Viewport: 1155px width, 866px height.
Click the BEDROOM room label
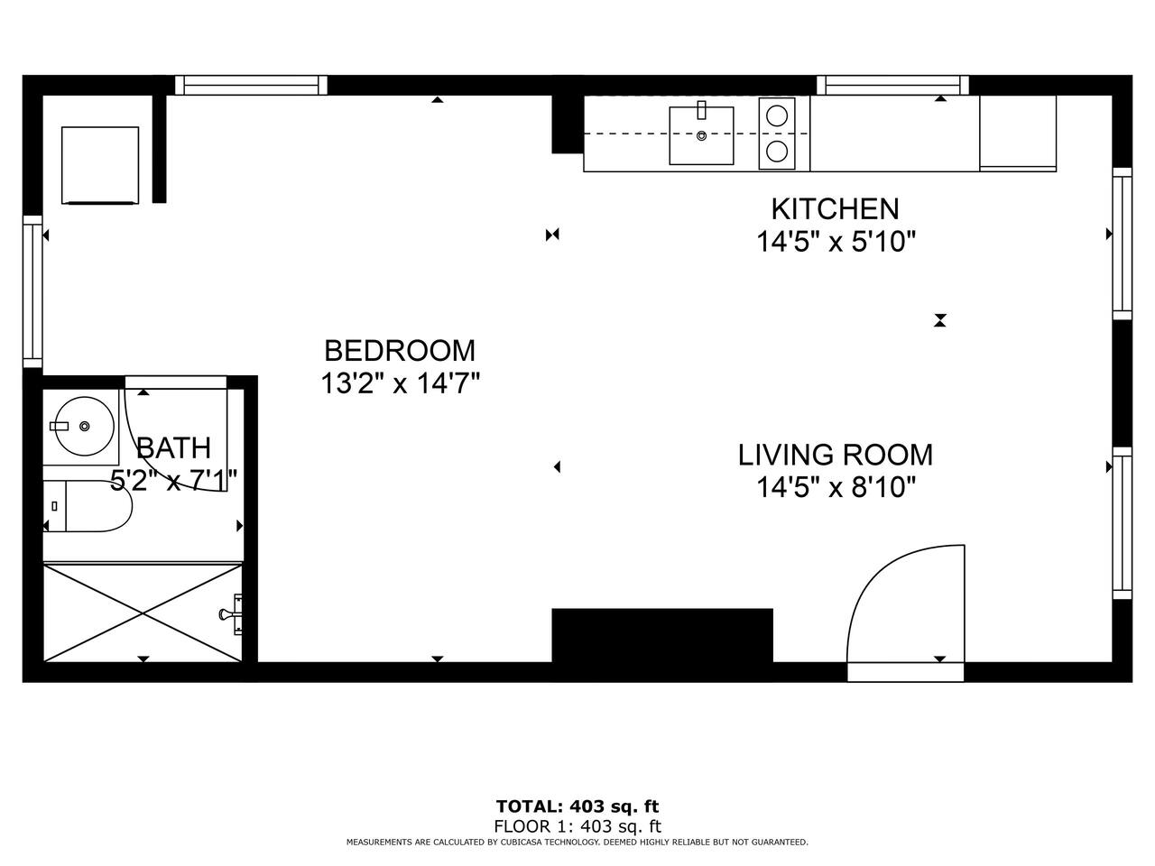pyautogui.click(x=400, y=351)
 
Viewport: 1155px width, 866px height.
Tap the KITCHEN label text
pyautogui.click(x=835, y=209)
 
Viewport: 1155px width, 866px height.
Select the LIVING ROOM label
pyautogui.click(x=835, y=455)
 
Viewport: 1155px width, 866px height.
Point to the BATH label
pyautogui.click(x=173, y=448)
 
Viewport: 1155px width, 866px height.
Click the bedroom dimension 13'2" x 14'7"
pyautogui.click(x=400, y=383)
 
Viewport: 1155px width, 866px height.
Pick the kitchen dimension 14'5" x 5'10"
pyautogui.click(x=836, y=242)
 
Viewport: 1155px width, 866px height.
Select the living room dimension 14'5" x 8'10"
pyautogui.click(x=836, y=487)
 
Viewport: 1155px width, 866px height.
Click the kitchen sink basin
pyautogui.click(x=701, y=135)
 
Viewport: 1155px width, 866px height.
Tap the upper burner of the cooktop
pyautogui.click(x=777, y=116)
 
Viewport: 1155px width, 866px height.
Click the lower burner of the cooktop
pyautogui.click(x=777, y=152)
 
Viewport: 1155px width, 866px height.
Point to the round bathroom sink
pyautogui.click(x=85, y=426)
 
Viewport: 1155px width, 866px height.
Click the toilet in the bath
pyautogui.click(x=88, y=506)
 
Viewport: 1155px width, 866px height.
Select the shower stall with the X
pyautogui.click(x=143, y=613)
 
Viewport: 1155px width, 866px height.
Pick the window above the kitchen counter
pyautogui.click(x=893, y=85)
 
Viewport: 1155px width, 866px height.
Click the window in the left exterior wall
pyautogui.click(x=32, y=291)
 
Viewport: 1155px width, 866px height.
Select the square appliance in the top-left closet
pyautogui.click(x=100, y=165)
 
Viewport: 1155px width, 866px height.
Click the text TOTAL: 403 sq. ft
pyautogui.click(x=577, y=806)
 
